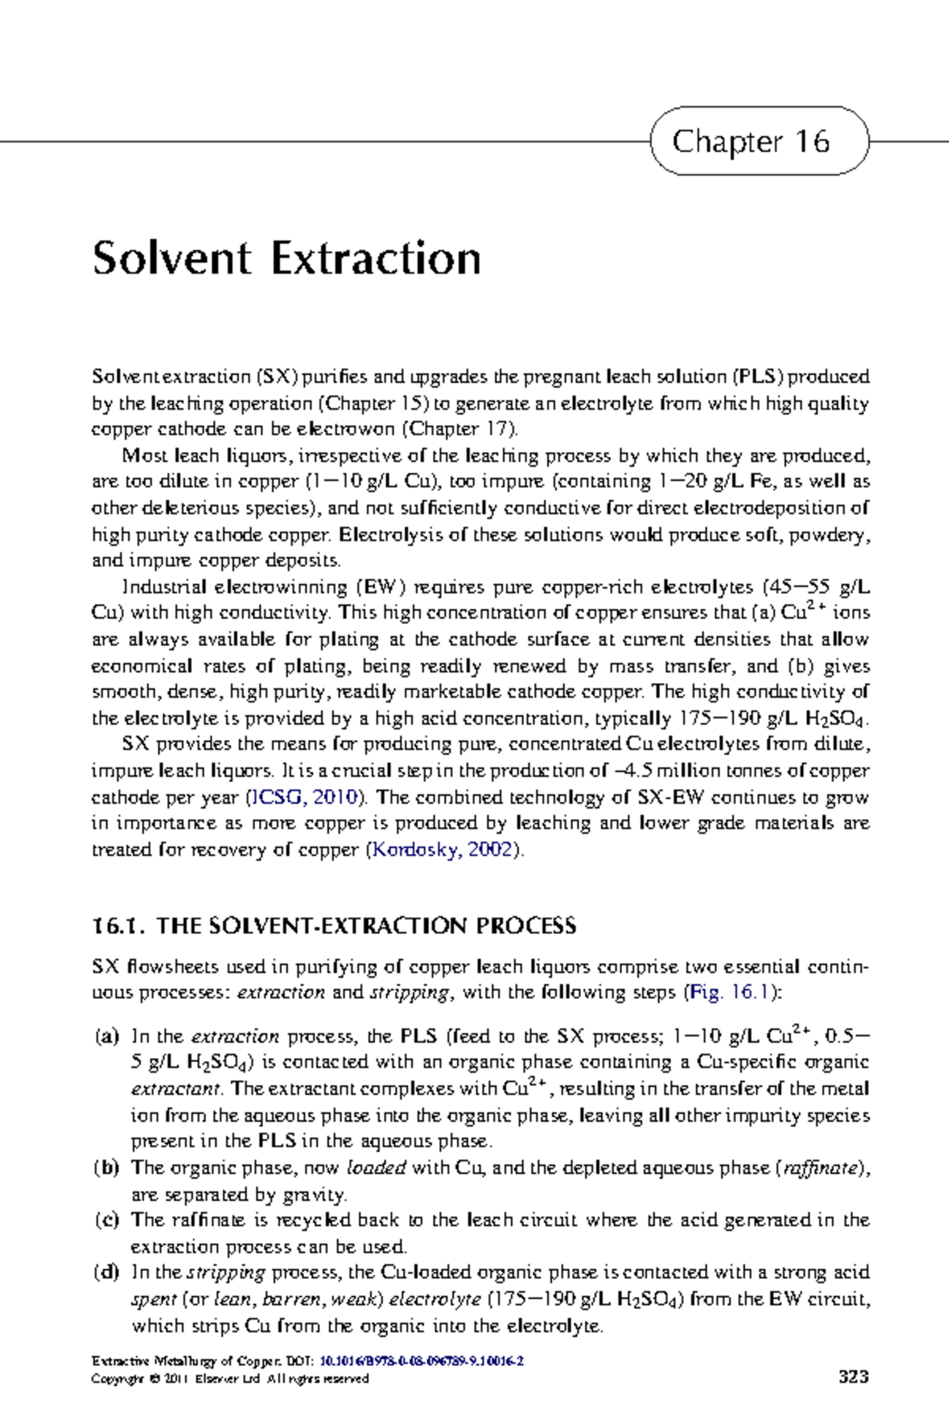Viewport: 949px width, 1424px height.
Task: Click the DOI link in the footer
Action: pos(422,1362)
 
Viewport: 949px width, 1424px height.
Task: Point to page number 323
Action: pos(853,1377)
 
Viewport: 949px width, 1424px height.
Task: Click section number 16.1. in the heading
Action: pos(119,926)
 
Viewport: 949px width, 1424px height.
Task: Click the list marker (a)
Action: pos(106,1036)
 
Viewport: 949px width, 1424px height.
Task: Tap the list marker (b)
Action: pos(106,1168)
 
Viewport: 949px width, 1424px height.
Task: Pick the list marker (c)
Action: pos(106,1220)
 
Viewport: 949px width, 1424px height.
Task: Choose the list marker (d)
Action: pos(106,1272)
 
